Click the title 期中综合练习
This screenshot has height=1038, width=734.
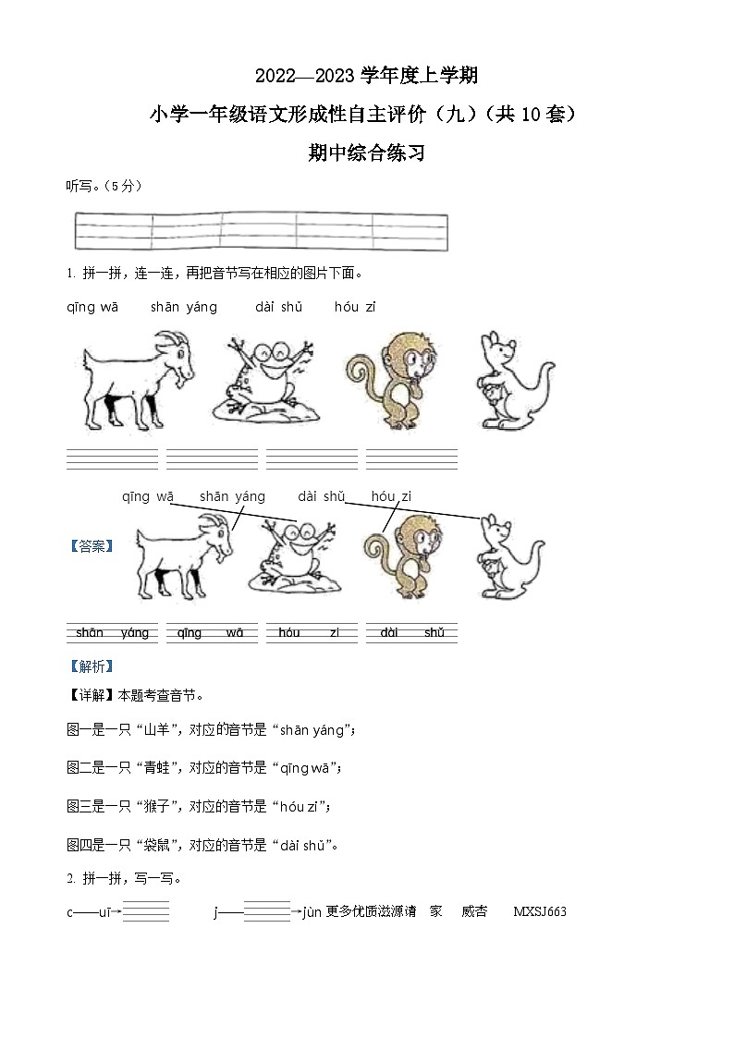[366, 153]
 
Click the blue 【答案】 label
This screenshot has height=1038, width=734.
[91, 546]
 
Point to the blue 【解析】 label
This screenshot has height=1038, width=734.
[91, 666]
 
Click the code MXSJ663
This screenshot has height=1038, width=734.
[539, 912]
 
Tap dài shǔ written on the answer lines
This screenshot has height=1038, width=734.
[411, 633]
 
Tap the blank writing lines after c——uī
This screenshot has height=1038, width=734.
[146, 911]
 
